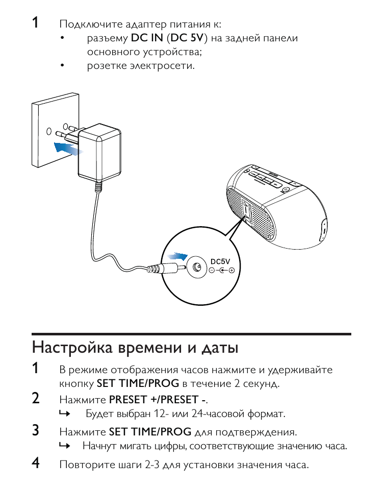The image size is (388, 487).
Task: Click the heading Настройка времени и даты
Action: tap(135, 348)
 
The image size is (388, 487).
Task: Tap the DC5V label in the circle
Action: tap(221, 261)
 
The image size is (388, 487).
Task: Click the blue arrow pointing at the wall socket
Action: tap(68, 149)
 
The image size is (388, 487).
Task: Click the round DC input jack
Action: tap(196, 266)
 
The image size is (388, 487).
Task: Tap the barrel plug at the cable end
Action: tap(163, 269)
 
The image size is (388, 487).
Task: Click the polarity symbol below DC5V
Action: tap(221, 270)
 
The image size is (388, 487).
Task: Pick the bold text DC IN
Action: tap(147, 38)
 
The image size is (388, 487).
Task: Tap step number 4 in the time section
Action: tap(36, 464)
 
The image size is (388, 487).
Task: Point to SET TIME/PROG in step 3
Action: tap(150, 432)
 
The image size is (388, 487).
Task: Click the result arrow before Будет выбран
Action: tap(64, 414)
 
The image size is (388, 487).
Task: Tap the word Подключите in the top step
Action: tap(84, 25)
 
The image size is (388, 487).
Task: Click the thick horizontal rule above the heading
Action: tap(192, 334)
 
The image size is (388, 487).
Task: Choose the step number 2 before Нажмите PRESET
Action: tap(36, 398)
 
